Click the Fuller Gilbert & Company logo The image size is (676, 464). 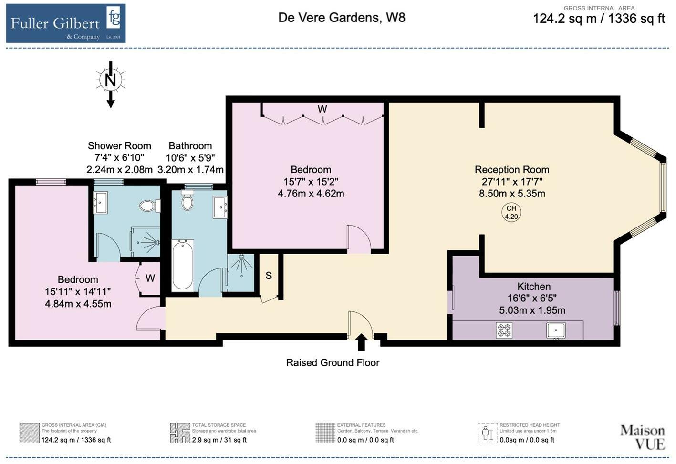[66, 23]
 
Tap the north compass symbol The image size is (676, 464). [110, 80]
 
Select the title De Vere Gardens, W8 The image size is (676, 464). [342, 18]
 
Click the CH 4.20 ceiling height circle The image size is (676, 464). [511, 212]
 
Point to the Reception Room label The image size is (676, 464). [512, 170]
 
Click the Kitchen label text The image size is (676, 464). [534, 287]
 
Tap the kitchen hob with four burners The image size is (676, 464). [504, 330]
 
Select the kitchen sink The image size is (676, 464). [556, 330]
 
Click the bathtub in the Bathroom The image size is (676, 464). [183, 265]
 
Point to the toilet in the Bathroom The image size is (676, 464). [187, 201]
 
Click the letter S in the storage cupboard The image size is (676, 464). [269, 276]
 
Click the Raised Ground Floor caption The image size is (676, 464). [333, 363]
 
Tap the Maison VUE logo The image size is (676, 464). [642, 437]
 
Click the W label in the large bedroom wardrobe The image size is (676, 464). [322, 109]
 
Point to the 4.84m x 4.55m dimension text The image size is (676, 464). [78, 304]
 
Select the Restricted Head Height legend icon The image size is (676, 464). [487, 433]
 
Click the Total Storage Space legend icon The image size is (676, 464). [180, 433]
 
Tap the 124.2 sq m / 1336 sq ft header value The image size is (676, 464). [599, 19]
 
